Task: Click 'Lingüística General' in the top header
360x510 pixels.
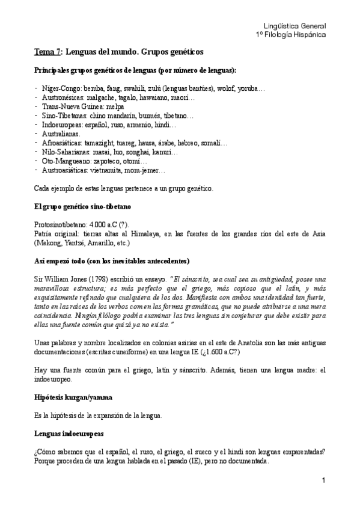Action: pyautogui.click(x=295, y=26)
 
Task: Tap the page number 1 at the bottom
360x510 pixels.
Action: pyautogui.click(x=323, y=480)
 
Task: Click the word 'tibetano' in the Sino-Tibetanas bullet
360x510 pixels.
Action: pyautogui.click(x=177, y=115)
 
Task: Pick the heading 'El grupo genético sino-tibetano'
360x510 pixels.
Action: pyautogui.click(x=79, y=206)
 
